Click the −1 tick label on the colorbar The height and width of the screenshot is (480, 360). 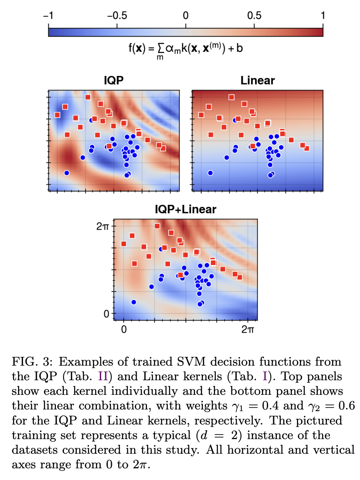(x=48, y=16)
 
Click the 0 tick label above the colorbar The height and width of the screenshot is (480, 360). (x=186, y=16)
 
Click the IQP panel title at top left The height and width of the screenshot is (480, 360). (x=114, y=81)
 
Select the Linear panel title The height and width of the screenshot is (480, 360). (x=258, y=81)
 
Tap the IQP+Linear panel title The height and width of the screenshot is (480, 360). (x=186, y=210)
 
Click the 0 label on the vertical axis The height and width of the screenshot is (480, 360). (x=106, y=313)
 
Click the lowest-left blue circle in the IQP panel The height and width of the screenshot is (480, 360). (x=66, y=173)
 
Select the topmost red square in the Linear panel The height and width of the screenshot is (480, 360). (x=231, y=97)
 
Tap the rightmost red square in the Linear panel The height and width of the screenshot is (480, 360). (x=307, y=148)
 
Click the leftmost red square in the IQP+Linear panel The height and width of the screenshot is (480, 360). (x=124, y=244)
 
